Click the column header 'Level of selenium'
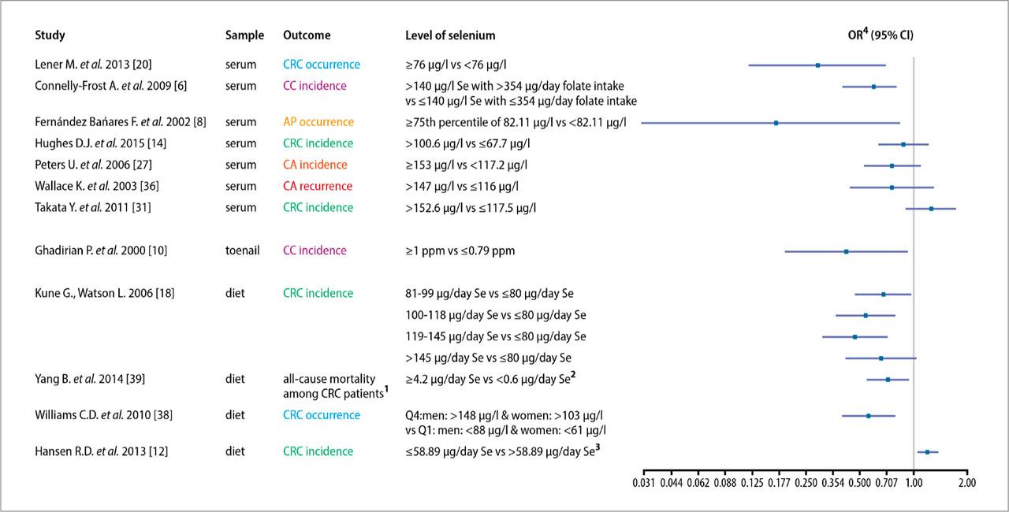[x=450, y=35]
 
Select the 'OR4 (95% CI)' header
[x=881, y=35]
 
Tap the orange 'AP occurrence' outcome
[x=318, y=122]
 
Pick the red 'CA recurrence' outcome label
[x=318, y=187]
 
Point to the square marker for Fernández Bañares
[x=776, y=123]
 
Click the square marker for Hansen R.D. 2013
[x=927, y=452]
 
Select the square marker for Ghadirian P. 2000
[x=846, y=251]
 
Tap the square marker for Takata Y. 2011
[x=931, y=209]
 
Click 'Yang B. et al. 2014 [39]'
[x=90, y=379]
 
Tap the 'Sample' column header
[x=244, y=35]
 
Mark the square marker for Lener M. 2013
[x=817, y=65]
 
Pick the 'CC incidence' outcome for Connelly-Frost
[x=315, y=86]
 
